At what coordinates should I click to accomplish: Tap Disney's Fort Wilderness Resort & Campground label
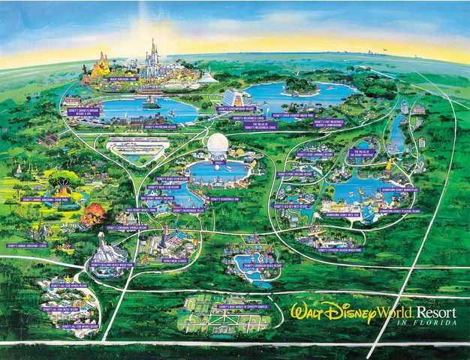click(x=329, y=123)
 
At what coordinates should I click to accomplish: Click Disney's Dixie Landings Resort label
click(x=313, y=154)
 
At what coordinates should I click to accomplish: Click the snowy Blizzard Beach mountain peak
click(x=101, y=238)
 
